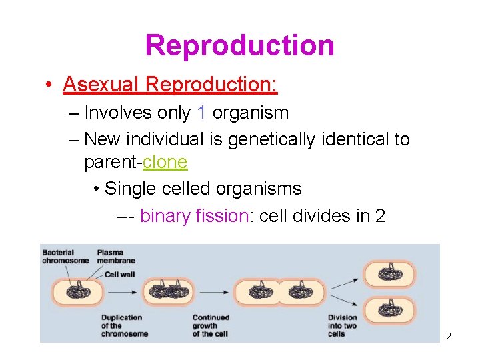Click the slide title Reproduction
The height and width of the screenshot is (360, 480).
tap(239, 45)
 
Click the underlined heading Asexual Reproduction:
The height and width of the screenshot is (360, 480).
tap(170, 85)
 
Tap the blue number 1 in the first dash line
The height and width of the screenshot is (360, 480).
tap(201, 113)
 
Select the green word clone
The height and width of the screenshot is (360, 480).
tap(165, 162)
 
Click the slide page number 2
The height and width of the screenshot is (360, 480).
tap(449, 336)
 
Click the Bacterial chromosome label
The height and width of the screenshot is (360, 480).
tap(65, 257)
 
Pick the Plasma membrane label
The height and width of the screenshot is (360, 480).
tap(116, 257)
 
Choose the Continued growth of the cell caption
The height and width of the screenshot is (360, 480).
tap(211, 325)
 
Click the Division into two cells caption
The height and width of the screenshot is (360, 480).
tap(342, 325)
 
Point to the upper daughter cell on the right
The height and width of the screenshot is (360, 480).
tap(389, 273)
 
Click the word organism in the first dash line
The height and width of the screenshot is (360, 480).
tap(250, 113)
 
